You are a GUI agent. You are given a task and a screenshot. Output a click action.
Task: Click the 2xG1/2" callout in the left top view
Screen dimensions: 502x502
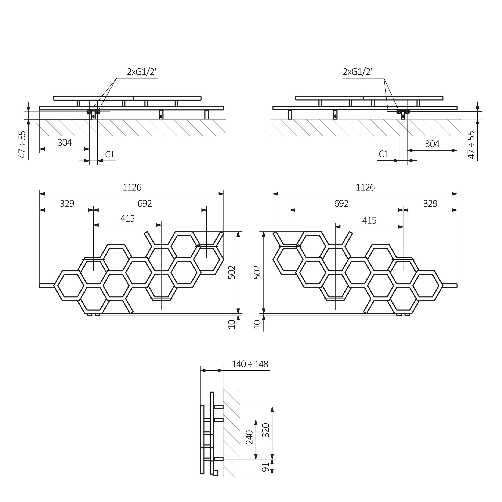point(142,72)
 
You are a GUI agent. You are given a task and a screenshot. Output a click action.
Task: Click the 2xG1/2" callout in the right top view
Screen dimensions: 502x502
point(358,72)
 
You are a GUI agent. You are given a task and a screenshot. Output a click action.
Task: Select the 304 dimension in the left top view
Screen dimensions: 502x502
point(65,143)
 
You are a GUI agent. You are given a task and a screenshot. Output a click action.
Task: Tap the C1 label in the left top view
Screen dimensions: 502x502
point(110,155)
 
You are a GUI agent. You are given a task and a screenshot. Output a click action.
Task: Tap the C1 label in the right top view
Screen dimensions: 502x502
point(384,154)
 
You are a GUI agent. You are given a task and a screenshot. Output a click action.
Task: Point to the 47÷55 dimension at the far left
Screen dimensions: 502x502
point(22,144)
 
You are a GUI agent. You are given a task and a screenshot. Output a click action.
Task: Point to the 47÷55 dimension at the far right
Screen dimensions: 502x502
point(471,145)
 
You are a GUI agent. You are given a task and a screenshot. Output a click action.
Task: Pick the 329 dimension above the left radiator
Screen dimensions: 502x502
point(67,203)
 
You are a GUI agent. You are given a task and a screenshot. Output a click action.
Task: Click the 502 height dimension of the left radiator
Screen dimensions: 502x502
point(232,272)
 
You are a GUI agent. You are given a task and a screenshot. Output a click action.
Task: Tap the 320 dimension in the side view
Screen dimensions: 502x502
point(266,430)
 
